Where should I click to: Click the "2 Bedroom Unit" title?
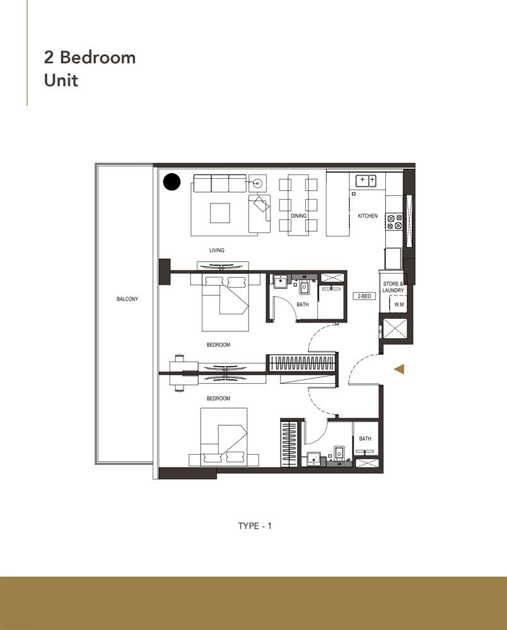click(90, 69)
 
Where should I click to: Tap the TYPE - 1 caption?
click(255, 525)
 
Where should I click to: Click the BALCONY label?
click(127, 299)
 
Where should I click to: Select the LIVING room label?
click(217, 250)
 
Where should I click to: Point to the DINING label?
click(298, 216)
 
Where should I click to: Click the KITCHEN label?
click(368, 216)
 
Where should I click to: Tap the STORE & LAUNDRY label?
click(393, 287)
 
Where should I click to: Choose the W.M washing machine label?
click(398, 305)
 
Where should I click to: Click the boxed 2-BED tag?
click(365, 295)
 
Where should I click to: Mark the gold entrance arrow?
click(399, 369)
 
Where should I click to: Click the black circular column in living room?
click(172, 183)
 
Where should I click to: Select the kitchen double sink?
click(367, 181)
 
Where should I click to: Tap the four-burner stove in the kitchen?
click(394, 221)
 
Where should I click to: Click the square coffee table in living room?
click(220, 212)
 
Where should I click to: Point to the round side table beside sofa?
click(257, 183)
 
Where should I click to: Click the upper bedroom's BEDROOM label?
click(218, 345)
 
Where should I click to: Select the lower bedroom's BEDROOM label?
click(218, 398)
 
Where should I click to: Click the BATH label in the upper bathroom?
click(303, 304)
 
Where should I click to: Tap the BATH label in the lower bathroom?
click(365, 438)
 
